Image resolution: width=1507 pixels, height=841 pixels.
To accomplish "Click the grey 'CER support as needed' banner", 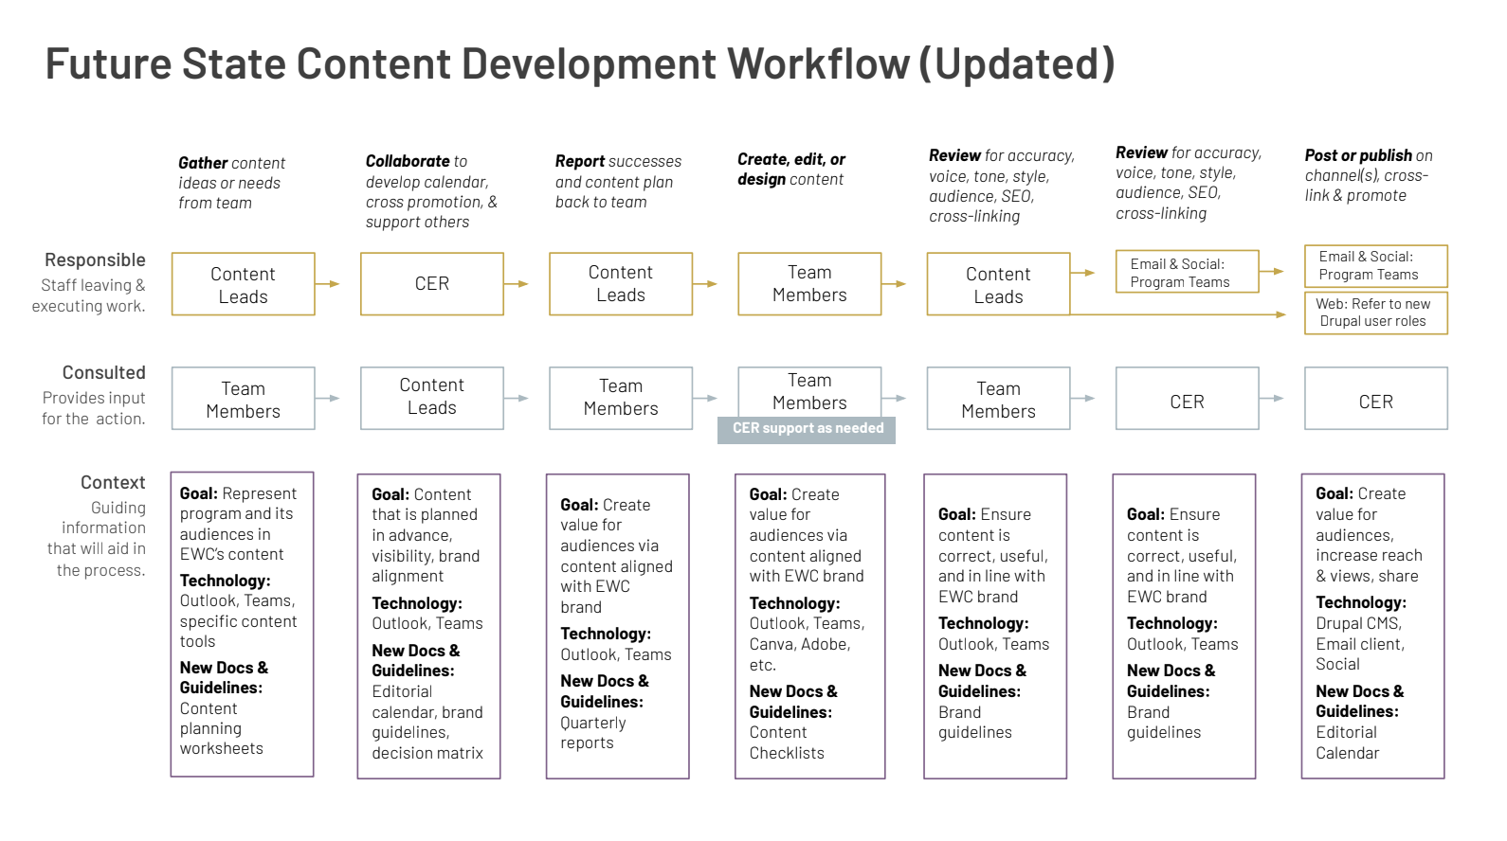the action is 806,430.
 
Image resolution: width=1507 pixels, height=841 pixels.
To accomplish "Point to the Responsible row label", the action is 95,259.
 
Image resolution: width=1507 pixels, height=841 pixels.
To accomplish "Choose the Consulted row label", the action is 103,372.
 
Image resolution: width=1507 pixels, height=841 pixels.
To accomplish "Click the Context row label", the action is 113,482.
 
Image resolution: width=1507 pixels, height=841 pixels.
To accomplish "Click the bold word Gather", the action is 203,163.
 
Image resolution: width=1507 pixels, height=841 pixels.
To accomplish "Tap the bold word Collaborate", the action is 407,161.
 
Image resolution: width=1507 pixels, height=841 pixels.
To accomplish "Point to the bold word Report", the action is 579,161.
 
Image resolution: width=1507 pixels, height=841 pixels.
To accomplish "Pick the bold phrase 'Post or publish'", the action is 1357,156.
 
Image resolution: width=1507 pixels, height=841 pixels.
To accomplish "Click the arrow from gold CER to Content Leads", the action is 516,284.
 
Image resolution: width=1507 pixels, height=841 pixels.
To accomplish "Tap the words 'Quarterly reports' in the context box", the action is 592,733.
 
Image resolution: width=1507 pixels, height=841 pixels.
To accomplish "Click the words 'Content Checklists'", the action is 787,743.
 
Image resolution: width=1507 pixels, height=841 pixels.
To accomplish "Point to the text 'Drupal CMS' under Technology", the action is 1358,623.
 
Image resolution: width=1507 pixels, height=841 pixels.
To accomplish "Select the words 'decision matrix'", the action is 427,753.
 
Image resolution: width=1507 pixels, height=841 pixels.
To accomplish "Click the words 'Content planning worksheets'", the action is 222,728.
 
